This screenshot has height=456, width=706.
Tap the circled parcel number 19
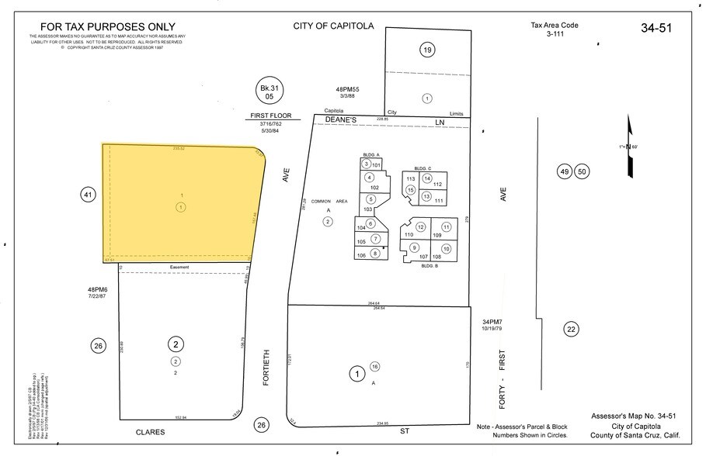click(x=426, y=50)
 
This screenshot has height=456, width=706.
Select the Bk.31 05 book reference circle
click(x=270, y=92)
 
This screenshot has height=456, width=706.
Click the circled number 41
click(x=88, y=195)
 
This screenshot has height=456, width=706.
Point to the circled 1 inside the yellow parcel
click(x=181, y=207)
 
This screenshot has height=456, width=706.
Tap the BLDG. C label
click(x=423, y=168)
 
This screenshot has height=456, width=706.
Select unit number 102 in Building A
click(x=374, y=188)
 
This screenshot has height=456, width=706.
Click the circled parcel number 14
click(x=426, y=178)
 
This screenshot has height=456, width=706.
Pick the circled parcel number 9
click(x=415, y=247)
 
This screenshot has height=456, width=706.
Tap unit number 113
click(x=412, y=178)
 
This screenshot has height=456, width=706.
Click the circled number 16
click(x=375, y=367)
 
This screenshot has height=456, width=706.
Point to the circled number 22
click(x=572, y=329)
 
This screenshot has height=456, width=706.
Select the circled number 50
click(x=583, y=171)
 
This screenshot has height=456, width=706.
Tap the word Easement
click(x=179, y=268)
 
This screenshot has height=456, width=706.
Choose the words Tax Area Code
click(x=554, y=25)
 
